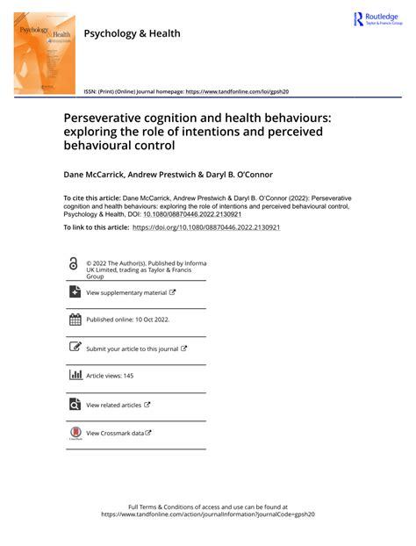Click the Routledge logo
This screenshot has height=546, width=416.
pos(375,19)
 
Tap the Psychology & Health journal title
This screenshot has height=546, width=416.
pos(132,33)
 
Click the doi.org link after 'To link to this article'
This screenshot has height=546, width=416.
pos(206,227)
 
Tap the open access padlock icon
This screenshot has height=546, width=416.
pos(74,264)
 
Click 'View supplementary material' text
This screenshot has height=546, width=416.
pos(126,292)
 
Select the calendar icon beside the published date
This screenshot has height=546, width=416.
pos(75,320)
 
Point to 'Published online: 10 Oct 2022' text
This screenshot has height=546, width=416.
pos(128,320)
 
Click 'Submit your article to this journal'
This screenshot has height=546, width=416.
pos(133,348)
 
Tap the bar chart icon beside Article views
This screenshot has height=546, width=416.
pos(75,376)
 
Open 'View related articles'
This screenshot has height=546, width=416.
pos(113,405)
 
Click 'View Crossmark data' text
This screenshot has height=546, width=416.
pos(114,433)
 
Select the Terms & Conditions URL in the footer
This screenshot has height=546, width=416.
pos(207,515)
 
